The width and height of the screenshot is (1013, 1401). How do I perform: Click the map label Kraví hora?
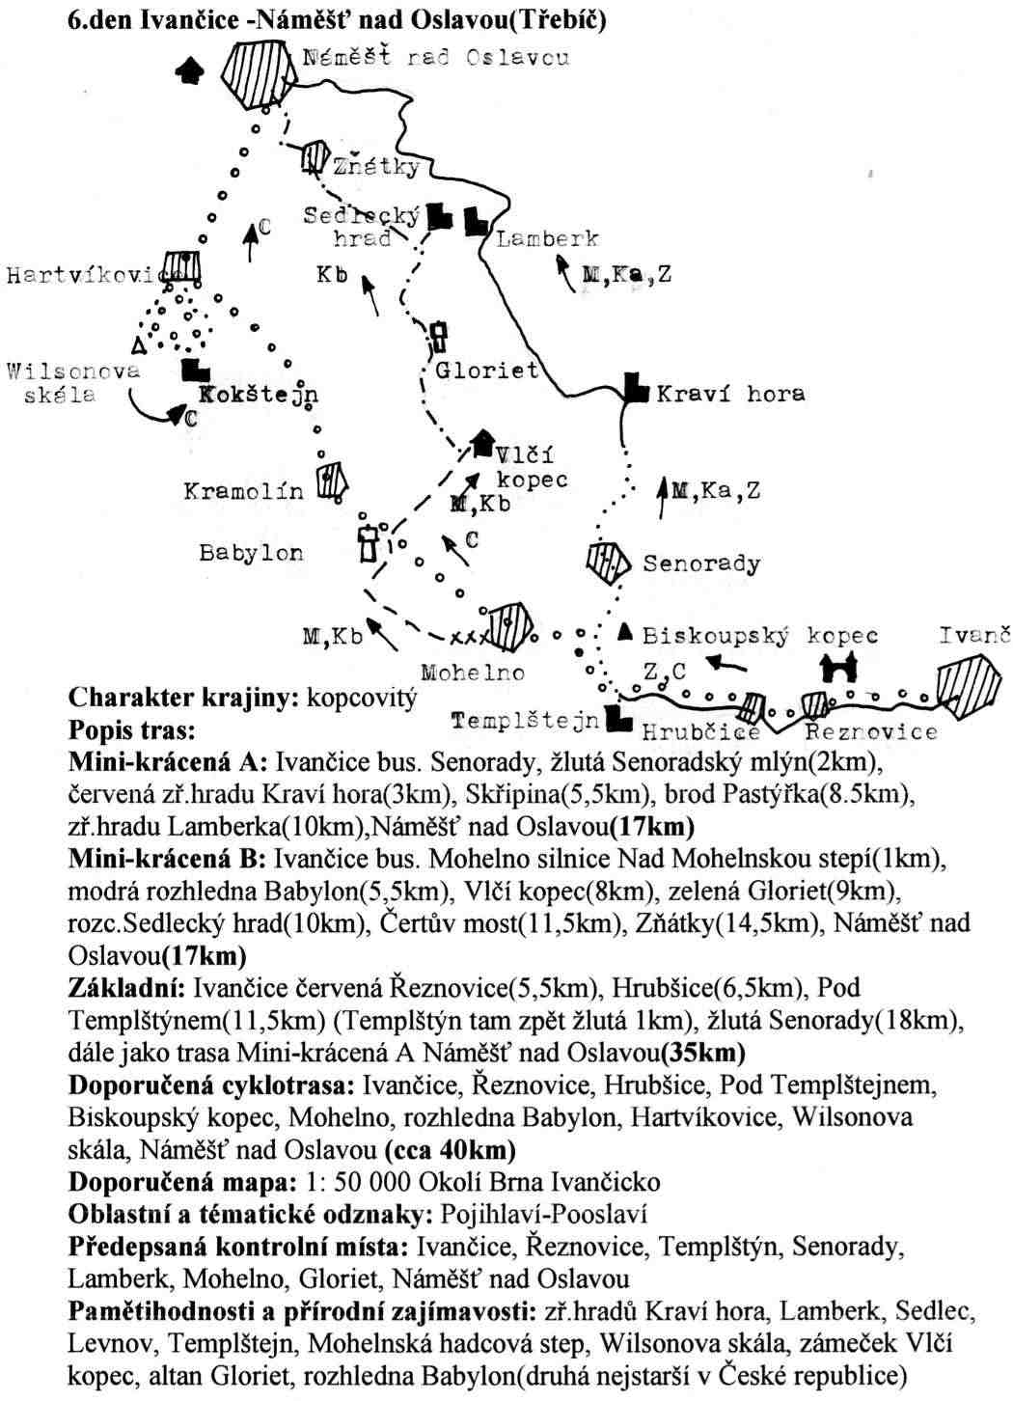pyautogui.click(x=730, y=394)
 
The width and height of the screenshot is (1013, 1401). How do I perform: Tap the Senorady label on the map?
pyautogui.click(x=701, y=563)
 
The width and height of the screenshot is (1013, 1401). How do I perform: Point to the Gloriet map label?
pyautogui.click(x=487, y=371)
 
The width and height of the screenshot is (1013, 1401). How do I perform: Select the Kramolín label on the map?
pyautogui.click(x=243, y=491)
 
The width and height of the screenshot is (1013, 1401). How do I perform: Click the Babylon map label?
pyautogui.click(x=251, y=553)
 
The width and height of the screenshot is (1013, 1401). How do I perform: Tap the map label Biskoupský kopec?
pyautogui.click(x=760, y=636)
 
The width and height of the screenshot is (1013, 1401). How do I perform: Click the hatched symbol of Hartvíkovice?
pyautogui.click(x=181, y=267)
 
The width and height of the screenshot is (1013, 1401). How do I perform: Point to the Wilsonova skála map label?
pyautogui.click(x=72, y=382)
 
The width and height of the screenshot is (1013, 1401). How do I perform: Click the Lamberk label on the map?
pyautogui.click(x=547, y=238)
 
